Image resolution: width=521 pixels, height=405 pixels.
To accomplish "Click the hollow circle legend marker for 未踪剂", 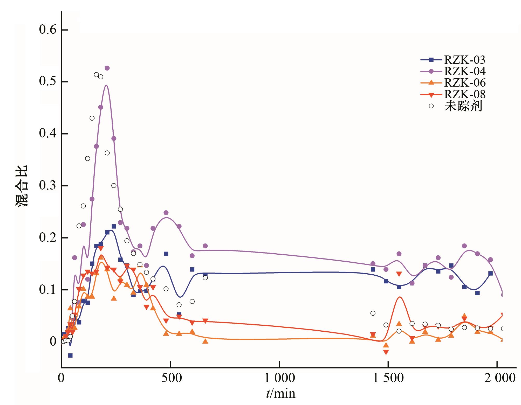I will (431, 106).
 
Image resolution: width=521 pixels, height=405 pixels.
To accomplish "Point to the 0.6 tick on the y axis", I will (47, 30).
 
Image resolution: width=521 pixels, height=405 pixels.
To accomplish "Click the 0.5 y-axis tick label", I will (47, 82).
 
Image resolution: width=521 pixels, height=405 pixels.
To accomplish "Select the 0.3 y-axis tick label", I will (47, 186).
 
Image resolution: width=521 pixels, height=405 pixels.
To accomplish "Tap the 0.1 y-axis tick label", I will (47, 290).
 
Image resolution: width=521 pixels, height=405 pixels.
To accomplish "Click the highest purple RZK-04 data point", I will (107, 68).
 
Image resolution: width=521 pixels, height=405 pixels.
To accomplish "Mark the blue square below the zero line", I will (70, 355).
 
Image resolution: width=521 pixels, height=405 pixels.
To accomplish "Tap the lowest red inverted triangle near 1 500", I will (386, 352).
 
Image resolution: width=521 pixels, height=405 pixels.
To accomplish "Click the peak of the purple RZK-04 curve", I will (106, 85).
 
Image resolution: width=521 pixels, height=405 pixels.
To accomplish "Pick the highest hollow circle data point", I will (96, 75).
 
